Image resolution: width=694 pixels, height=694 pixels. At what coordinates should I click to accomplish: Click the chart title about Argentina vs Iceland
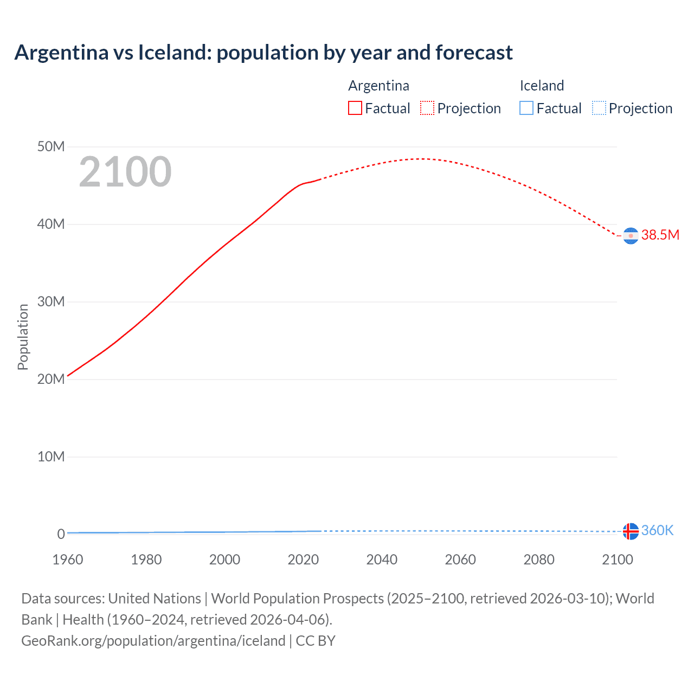(x=264, y=53)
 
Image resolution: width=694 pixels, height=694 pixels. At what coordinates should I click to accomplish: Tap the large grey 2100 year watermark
(x=125, y=172)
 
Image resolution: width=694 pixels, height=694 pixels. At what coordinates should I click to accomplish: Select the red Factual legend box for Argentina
(x=355, y=108)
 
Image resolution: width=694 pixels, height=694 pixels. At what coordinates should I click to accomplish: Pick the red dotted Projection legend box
(x=427, y=108)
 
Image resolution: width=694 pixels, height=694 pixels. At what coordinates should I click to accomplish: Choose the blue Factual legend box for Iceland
(x=526, y=108)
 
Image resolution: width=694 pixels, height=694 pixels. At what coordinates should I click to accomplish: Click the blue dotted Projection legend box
(x=599, y=108)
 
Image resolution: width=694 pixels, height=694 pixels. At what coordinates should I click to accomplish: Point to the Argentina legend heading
(x=378, y=86)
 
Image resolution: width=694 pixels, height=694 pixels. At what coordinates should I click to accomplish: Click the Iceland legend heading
(x=542, y=86)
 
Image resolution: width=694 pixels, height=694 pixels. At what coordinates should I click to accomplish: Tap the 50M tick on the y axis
(x=51, y=147)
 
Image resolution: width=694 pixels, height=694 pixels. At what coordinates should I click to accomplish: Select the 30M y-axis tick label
(x=51, y=302)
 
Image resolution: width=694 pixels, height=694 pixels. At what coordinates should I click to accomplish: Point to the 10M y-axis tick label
(x=51, y=457)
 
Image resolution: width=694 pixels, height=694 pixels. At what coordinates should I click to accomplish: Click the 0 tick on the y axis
(x=61, y=534)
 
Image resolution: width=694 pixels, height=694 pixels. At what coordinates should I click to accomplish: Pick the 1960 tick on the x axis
(x=68, y=560)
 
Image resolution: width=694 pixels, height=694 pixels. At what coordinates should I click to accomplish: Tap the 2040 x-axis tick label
(x=382, y=560)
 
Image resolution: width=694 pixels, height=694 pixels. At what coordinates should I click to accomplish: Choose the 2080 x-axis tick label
(x=539, y=560)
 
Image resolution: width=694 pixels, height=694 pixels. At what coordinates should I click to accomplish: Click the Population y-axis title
(x=23, y=337)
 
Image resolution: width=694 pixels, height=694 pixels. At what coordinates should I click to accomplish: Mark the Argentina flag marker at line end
(x=631, y=236)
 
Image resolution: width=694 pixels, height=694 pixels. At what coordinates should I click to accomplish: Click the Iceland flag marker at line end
(x=631, y=531)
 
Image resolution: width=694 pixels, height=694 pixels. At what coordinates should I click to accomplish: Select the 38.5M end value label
(x=660, y=235)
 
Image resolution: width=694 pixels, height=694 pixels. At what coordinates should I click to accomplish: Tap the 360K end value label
(x=657, y=530)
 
